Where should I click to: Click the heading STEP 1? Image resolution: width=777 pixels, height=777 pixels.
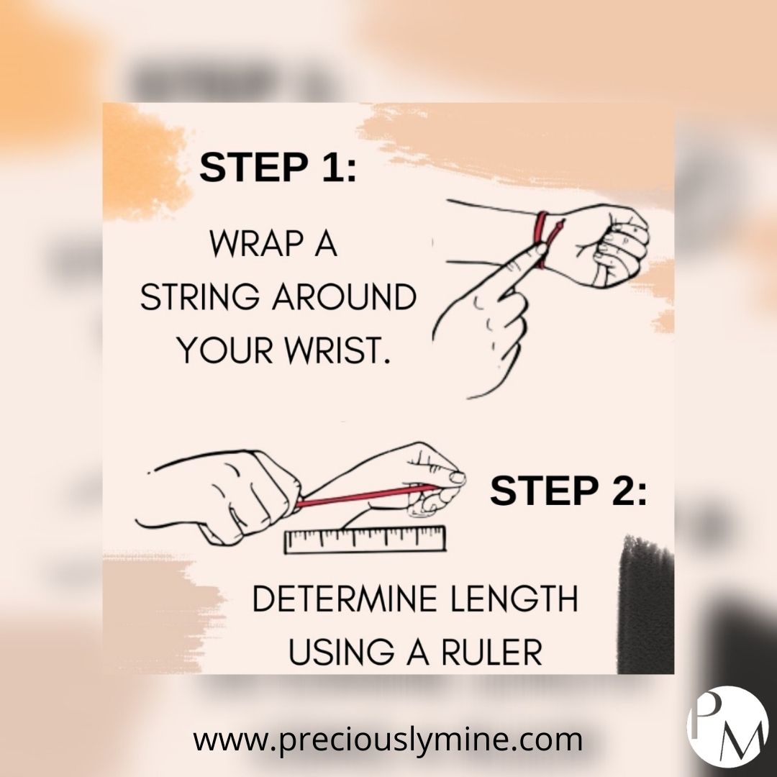pos(278,167)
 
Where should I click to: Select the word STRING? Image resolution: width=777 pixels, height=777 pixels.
pos(199,297)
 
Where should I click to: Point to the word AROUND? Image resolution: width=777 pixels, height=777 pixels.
pos(344,297)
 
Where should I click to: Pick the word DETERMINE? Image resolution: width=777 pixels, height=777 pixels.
pos(345,599)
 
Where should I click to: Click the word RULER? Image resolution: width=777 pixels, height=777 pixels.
pos(491,652)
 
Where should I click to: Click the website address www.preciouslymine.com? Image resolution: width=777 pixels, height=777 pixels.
pos(388,740)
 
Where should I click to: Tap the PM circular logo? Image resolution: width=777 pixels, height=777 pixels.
pos(727,727)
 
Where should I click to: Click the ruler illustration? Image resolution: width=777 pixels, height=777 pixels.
pos(365,539)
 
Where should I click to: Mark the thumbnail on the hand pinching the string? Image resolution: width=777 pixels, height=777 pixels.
pos(458,477)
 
